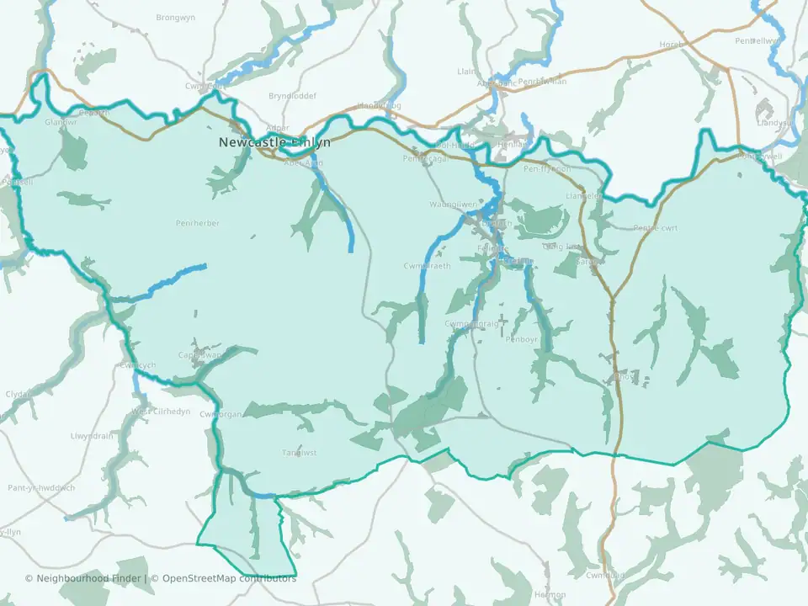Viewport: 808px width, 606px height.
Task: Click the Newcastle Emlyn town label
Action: [274, 142]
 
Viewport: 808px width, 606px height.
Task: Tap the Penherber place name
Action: [198, 223]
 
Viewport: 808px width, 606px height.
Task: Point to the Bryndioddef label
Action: [292, 96]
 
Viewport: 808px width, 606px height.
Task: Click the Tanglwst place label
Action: [299, 453]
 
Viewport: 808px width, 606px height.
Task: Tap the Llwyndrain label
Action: [93, 436]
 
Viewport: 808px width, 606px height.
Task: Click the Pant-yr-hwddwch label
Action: [41, 487]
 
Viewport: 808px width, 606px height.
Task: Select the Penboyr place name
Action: [521, 339]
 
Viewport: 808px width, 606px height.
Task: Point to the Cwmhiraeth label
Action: [427, 266]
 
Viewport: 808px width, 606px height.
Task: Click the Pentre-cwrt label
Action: [656, 228]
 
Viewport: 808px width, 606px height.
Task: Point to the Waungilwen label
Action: [454, 205]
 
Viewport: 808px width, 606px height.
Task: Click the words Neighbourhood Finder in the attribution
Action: [86, 578]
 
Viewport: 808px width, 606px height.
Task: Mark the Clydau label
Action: [17, 394]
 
